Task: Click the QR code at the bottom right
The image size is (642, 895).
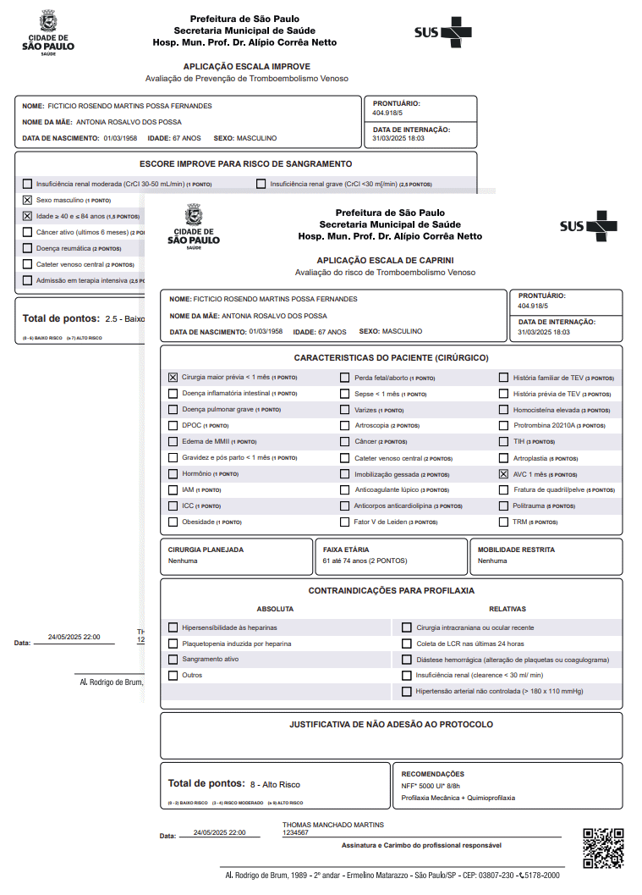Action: click(x=603, y=848)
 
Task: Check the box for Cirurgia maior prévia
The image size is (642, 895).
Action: click(x=173, y=378)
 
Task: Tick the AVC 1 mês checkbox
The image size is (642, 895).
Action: click(x=504, y=474)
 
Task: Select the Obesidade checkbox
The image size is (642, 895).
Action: click(x=173, y=522)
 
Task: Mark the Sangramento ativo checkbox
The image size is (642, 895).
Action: click(x=173, y=659)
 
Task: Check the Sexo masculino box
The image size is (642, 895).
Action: click(x=28, y=200)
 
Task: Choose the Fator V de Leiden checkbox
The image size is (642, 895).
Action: click(x=345, y=522)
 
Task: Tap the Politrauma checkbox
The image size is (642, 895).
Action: click(x=504, y=506)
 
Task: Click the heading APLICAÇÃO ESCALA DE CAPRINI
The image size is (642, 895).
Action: click(x=385, y=261)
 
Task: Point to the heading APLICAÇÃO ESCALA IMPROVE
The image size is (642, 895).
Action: click(x=246, y=66)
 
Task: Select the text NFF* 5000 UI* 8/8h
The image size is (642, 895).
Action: click(x=431, y=786)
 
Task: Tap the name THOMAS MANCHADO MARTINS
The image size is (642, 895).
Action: click(x=333, y=824)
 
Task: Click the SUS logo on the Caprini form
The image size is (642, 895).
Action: click(x=588, y=226)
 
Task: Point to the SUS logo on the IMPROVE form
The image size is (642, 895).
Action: click(x=442, y=32)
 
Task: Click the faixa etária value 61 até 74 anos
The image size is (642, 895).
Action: click(x=365, y=561)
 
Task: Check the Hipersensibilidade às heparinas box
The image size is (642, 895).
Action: click(x=173, y=627)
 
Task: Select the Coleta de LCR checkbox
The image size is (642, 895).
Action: click(x=407, y=644)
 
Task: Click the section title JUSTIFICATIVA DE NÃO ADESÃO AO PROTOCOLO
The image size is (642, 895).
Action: click(x=391, y=724)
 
